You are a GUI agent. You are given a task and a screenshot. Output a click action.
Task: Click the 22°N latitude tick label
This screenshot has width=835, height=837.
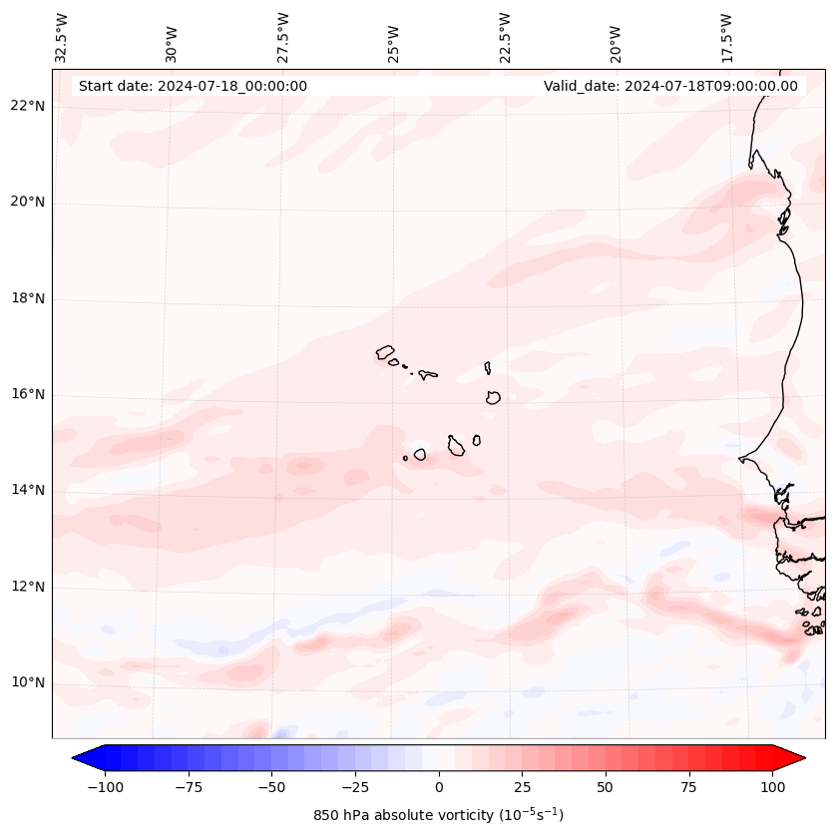(29, 107)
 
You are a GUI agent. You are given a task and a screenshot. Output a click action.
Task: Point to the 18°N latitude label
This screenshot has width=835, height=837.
(29, 298)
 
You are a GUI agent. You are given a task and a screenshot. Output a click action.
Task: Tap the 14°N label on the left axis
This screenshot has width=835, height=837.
(29, 490)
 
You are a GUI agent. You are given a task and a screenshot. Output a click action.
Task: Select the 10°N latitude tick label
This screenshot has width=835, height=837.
(29, 683)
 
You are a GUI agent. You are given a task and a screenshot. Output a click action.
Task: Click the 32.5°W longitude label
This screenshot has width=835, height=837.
(62, 38)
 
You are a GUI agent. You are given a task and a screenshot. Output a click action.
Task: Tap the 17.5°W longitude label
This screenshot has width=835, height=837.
(726, 38)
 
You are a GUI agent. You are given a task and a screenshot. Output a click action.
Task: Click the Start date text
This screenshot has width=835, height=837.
(193, 86)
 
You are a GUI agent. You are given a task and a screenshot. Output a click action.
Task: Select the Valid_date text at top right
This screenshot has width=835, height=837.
(670, 86)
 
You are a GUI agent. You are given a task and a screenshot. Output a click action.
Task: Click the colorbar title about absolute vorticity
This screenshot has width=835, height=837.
(438, 815)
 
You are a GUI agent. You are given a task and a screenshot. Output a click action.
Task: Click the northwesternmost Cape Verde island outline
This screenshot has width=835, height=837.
(385, 351)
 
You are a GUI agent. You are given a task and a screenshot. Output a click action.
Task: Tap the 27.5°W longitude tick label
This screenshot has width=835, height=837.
(283, 38)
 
